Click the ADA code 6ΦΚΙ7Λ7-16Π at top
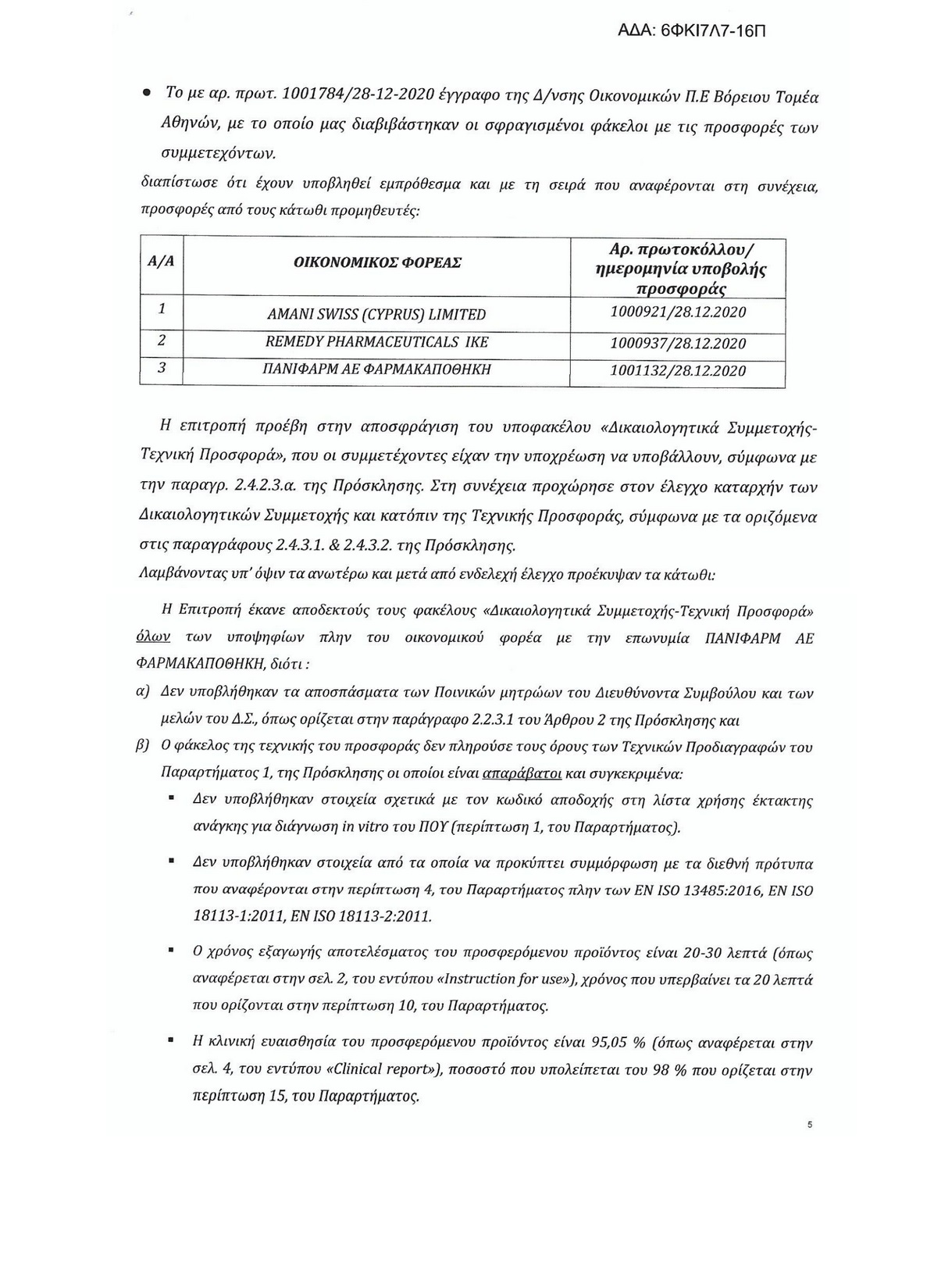[x=693, y=31]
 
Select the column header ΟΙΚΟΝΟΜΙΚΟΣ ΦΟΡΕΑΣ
[x=376, y=263]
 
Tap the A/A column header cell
[x=161, y=262]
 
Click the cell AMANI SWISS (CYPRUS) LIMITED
[x=376, y=315]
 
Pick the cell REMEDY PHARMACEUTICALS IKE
[x=376, y=342]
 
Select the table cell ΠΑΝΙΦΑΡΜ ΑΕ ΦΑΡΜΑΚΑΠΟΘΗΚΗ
[x=376, y=369]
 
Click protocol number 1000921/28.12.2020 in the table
[x=678, y=312]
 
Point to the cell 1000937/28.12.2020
[x=678, y=343]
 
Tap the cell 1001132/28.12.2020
[x=678, y=371]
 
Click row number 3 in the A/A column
[x=161, y=367]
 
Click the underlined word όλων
[x=153, y=638]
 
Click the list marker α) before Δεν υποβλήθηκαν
[x=143, y=693]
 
